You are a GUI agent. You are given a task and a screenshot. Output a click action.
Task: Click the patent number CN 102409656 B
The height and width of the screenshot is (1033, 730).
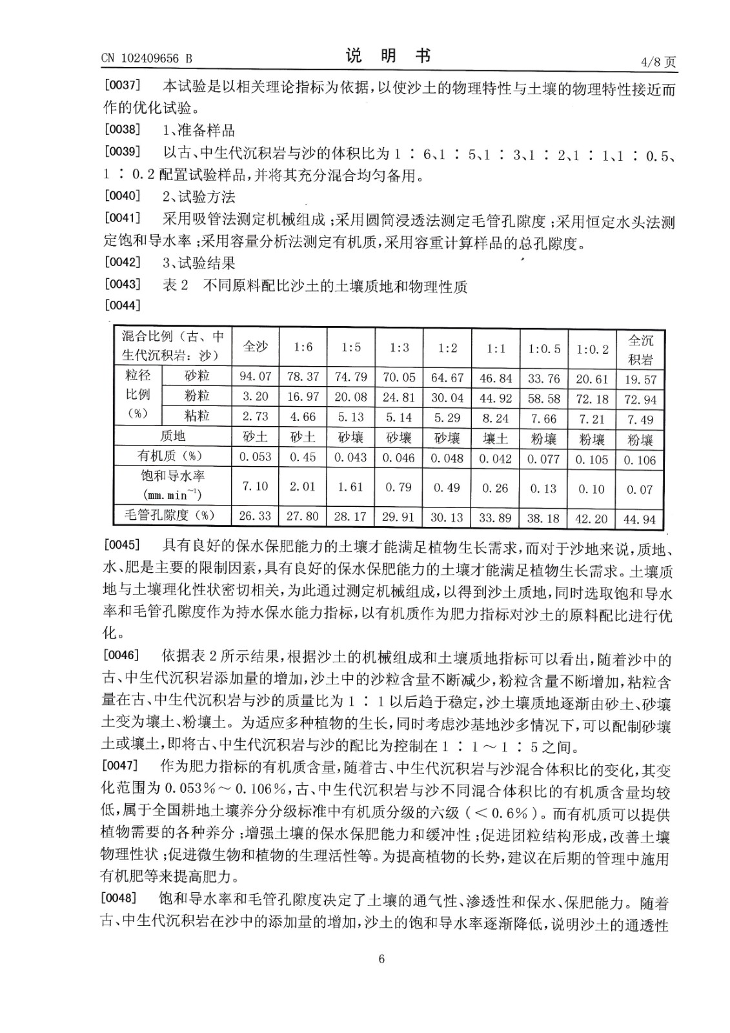point(147,59)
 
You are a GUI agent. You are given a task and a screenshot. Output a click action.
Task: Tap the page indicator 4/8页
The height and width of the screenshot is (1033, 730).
point(658,62)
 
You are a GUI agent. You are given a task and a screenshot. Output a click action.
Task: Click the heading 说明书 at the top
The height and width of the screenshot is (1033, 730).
point(388,56)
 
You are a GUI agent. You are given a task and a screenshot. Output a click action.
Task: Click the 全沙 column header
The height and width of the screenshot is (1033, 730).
point(255,347)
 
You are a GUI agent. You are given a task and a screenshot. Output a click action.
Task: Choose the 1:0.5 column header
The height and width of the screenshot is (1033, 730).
point(544,349)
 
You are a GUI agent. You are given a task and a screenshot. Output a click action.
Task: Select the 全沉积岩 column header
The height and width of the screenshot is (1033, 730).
point(640,349)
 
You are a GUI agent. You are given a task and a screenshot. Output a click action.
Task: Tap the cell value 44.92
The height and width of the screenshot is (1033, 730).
point(496,398)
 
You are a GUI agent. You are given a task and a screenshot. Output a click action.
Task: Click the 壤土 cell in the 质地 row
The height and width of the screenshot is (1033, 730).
point(496,438)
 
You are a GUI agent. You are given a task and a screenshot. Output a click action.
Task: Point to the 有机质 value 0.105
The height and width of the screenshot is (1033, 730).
point(592,459)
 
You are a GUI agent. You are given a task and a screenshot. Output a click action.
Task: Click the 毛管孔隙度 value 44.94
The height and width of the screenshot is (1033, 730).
point(640,518)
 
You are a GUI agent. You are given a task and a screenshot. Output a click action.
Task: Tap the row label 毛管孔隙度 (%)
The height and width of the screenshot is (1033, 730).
point(168,515)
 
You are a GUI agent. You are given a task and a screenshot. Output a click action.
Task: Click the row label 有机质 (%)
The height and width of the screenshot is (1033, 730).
point(169,456)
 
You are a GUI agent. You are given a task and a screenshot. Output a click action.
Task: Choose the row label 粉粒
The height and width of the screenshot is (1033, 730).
point(197,395)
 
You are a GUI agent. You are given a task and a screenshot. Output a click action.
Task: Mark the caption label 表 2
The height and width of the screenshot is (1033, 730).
point(175,285)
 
